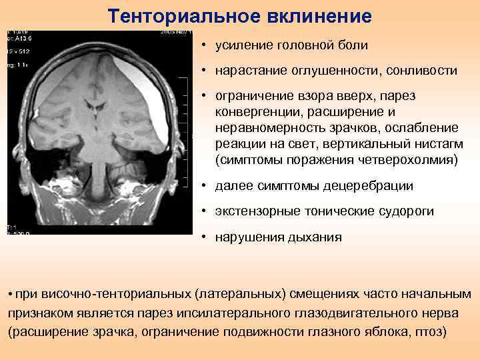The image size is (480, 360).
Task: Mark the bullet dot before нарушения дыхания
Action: point(201,237)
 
